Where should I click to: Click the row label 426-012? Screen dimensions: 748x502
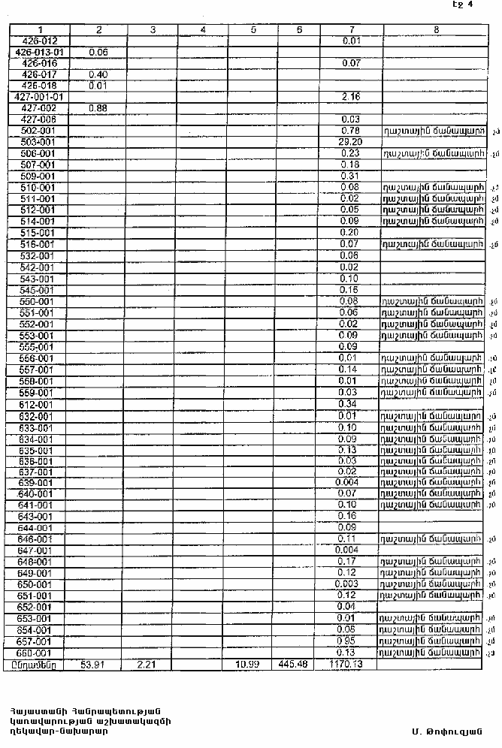click(x=40, y=40)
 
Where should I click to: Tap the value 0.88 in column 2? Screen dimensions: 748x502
click(x=98, y=108)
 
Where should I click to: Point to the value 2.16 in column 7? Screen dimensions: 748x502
click(x=351, y=97)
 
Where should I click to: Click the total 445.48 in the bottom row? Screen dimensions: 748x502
click(x=294, y=664)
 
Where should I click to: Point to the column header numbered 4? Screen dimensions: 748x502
click(x=203, y=29)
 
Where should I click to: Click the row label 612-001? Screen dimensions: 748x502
click(x=37, y=404)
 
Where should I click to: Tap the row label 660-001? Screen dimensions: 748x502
click(x=37, y=653)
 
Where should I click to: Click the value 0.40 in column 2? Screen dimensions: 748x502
click(x=98, y=74)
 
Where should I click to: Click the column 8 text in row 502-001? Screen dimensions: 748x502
click(x=431, y=131)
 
